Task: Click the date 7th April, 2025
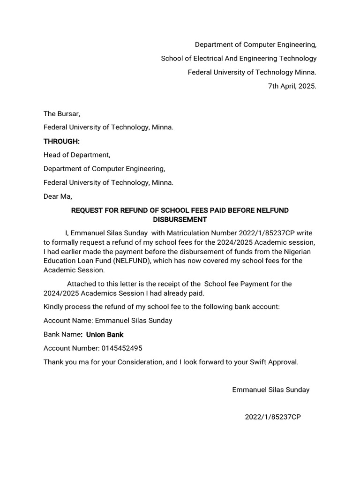click(292, 86)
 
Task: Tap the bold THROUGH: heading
click(61, 142)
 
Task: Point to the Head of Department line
click(77, 155)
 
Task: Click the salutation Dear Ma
click(58, 197)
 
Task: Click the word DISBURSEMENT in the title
click(180, 219)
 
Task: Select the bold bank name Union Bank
click(105, 335)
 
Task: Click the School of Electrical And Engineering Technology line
click(239, 59)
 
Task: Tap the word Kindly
click(54, 307)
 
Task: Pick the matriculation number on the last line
click(273, 417)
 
